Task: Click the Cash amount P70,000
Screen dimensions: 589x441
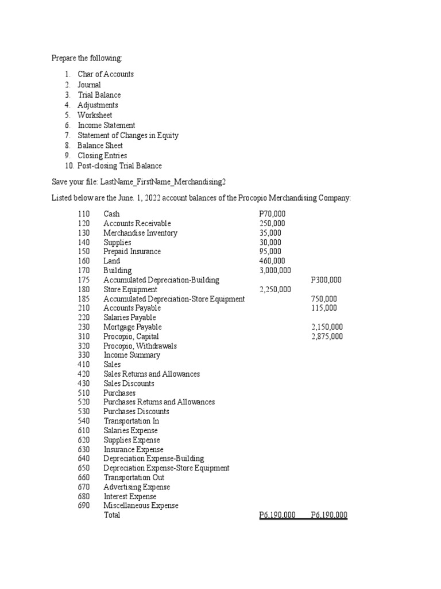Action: point(272,214)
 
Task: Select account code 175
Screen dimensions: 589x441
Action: point(84,280)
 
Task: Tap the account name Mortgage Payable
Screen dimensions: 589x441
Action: point(133,327)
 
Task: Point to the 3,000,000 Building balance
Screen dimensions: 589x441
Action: point(275,270)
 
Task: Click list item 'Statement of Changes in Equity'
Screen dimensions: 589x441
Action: point(128,135)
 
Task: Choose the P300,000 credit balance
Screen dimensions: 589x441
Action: point(326,280)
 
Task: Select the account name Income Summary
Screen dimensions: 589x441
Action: point(131,355)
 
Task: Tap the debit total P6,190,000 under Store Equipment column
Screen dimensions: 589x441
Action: point(277,515)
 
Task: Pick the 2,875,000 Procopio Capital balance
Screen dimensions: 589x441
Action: point(327,336)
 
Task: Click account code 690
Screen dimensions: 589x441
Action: point(84,506)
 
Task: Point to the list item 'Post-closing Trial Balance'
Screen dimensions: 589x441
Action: point(120,166)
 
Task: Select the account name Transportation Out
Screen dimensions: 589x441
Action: point(134,477)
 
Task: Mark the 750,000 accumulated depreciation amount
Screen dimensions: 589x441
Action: point(324,299)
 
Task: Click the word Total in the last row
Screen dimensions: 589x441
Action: point(112,515)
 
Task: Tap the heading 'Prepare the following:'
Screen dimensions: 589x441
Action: point(87,58)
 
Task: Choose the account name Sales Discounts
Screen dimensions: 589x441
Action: point(129,383)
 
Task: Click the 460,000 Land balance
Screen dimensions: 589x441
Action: point(270,261)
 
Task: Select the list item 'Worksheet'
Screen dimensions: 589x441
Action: point(95,115)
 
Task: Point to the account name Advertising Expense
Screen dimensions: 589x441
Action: point(137,487)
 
